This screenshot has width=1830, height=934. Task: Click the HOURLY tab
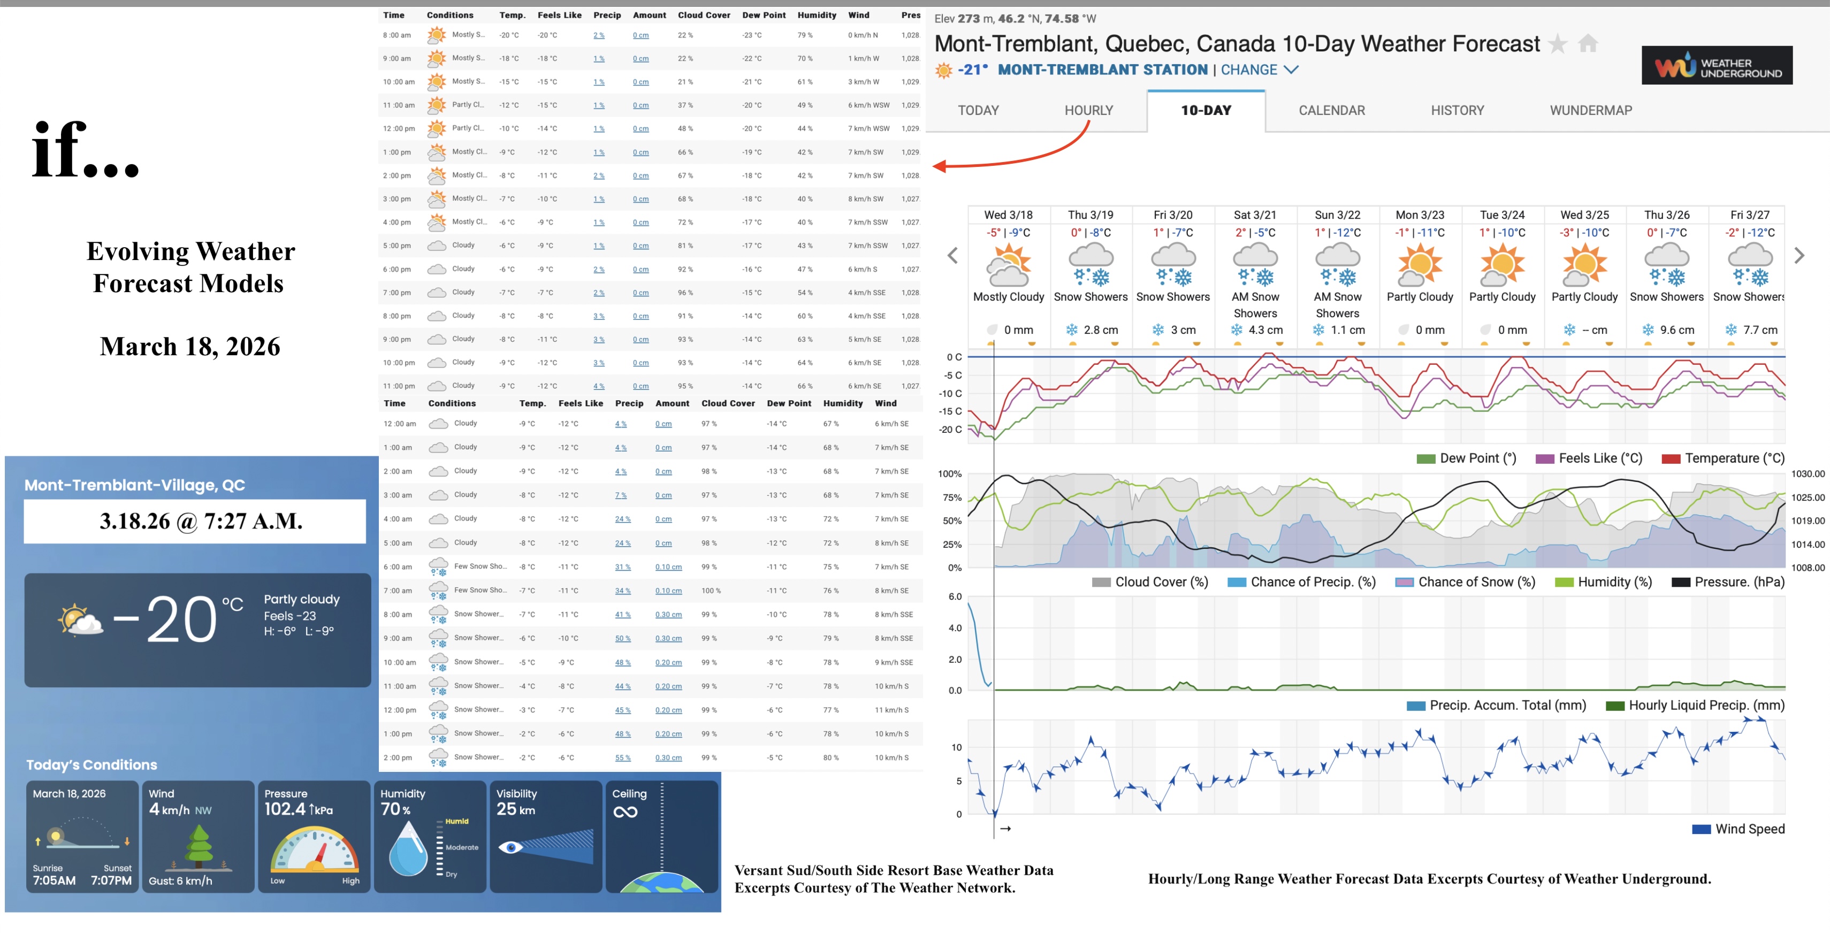pos(1088,110)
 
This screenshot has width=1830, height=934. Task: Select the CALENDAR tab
pos(1331,110)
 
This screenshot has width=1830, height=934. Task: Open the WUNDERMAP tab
pos(1591,110)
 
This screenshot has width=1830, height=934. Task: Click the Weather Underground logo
pos(1717,66)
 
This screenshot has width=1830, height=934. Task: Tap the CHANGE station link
pos(1249,70)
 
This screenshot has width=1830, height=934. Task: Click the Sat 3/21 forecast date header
pos(1255,215)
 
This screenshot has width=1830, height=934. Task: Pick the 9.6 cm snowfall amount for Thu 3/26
pos(1676,330)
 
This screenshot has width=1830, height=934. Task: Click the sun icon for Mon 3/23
pos(1420,264)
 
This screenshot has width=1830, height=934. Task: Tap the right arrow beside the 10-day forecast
pos(1799,256)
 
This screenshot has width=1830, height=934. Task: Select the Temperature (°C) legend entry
pos(1733,458)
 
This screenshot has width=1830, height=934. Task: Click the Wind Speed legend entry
pos(1749,829)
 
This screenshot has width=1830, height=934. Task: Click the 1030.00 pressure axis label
pos(1808,474)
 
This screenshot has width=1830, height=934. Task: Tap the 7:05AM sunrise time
pos(54,880)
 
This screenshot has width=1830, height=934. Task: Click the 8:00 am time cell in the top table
pos(396,35)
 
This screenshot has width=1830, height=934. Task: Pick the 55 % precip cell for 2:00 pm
pos(622,758)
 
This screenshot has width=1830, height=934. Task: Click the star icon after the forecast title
pos(1557,44)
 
